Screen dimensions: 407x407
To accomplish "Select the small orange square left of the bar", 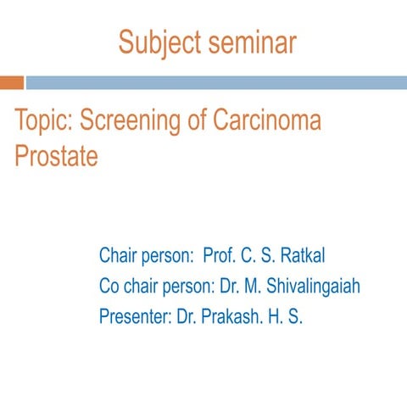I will (x=11, y=82).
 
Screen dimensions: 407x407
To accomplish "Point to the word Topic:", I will (x=43, y=121).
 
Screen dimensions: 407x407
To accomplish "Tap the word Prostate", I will (x=56, y=156).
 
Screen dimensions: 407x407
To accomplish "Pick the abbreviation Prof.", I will (x=221, y=255).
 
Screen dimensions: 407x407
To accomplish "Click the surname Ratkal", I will (x=301, y=255).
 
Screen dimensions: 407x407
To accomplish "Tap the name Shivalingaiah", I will (x=312, y=287).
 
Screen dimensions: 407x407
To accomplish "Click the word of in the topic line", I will (x=195, y=121).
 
